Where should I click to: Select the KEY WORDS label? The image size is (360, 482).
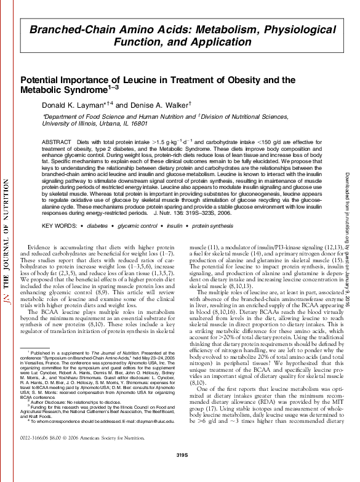58,227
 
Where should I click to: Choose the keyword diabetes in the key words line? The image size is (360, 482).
97,227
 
